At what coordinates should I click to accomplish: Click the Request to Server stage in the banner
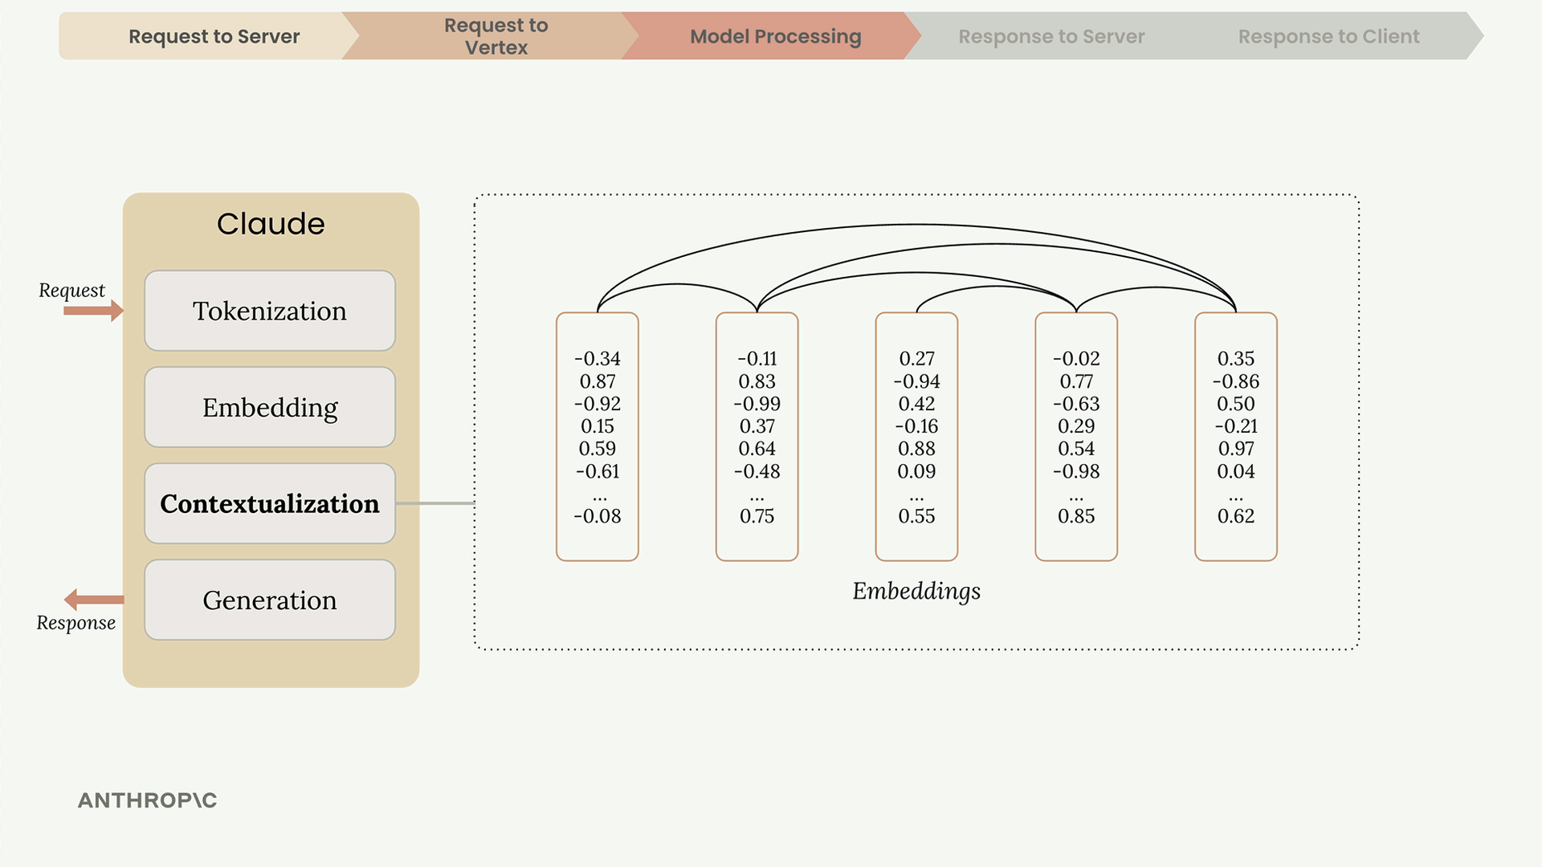coord(209,36)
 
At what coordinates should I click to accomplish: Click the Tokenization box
coord(270,311)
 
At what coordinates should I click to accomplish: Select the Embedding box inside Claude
coord(270,407)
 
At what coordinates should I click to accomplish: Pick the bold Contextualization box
coord(270,503)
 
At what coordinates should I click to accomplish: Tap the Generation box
coord(270,600)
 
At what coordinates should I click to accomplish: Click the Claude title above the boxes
coord(271,223)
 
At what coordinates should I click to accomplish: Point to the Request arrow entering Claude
coord(94,311)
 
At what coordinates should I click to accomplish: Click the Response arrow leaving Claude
coord(94,600)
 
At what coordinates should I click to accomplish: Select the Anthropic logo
coord(147,800)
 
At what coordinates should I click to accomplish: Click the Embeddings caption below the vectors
coord(916,592)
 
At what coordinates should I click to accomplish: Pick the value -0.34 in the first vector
coord(598,359)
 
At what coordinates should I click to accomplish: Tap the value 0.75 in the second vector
coord(757,516)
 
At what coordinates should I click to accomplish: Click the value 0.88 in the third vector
coord(917,449)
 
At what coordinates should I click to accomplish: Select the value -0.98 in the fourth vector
coord(1076,471)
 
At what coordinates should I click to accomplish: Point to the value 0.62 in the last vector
coord(1236,516)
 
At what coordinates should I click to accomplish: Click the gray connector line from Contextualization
coord(435,503)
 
